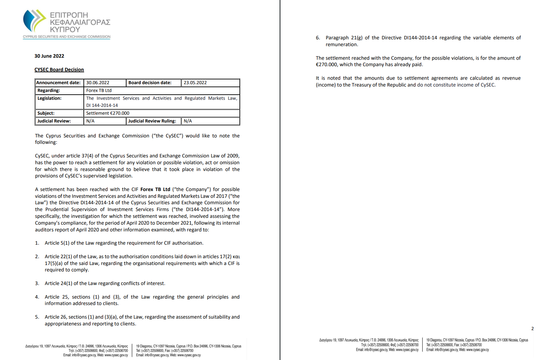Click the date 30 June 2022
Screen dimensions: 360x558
[49, 56]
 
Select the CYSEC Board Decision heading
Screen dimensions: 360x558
[59, 70]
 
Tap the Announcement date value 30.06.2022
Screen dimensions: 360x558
[98, 83]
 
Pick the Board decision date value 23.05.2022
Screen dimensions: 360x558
[195, 83]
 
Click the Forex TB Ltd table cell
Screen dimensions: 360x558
[99, 91]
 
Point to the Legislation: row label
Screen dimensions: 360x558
[50, 98]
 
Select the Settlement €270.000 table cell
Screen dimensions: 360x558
[108, 113]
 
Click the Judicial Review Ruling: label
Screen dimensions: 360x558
[152, 121]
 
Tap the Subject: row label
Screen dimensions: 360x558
[46, 113]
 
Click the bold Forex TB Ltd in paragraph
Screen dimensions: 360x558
[155, 189]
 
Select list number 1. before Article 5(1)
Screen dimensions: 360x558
[37, 243]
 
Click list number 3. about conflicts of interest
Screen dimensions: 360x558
[37, 283]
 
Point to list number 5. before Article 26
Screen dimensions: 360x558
[37, 317]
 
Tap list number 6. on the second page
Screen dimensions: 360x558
[318, 38]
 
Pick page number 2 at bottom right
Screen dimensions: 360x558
[532, 328]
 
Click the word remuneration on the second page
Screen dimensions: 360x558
[341, 44]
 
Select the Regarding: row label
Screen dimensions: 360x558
[49, 91]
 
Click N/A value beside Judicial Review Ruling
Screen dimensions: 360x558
[188, 121]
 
